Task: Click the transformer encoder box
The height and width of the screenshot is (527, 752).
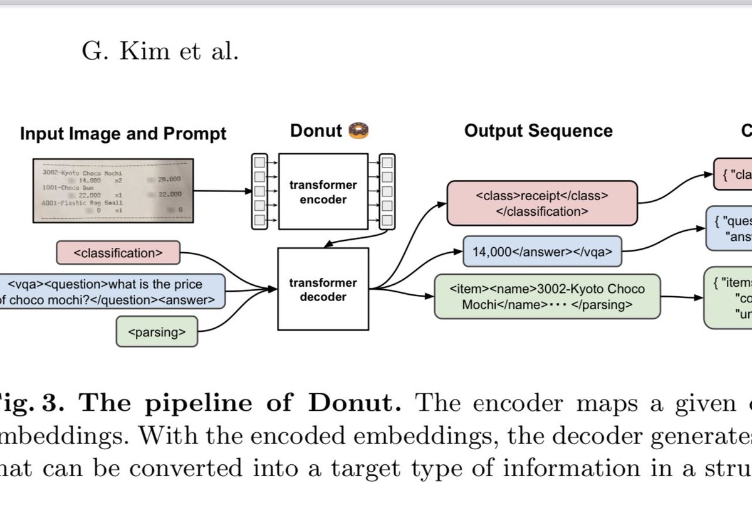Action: pos(323,191)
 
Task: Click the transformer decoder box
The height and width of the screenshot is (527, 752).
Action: pos(323,289)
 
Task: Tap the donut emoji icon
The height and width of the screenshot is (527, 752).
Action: pos(358,130)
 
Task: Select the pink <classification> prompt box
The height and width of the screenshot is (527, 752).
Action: pos(118,253)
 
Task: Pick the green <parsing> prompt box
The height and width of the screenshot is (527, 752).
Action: pos(157,332)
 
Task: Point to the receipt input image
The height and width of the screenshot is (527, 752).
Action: pos(110,191)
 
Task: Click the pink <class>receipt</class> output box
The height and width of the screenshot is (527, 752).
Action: pos(541,203)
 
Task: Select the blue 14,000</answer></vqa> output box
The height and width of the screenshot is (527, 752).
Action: pos(541,252)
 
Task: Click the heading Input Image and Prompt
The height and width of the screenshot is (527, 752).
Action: pos(123,134)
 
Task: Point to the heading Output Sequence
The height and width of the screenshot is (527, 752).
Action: pos(538,130)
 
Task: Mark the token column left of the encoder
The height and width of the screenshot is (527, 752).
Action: pos(258,191)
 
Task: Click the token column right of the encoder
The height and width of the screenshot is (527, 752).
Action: pos(387,191)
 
